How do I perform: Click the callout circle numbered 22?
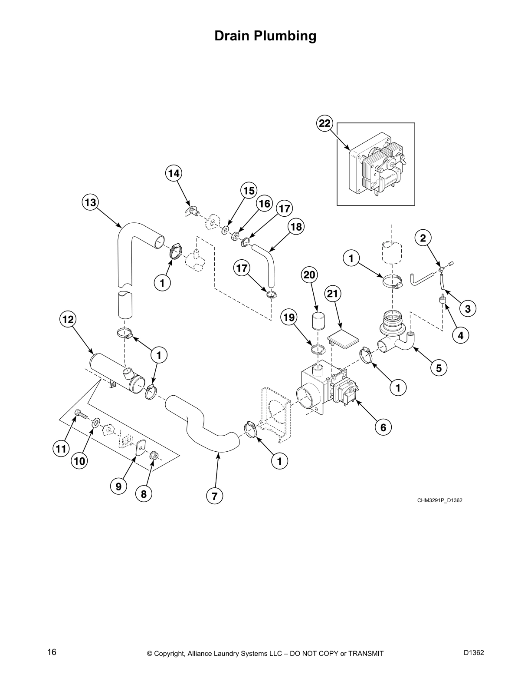[324, 123]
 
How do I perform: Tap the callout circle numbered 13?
[91, 202]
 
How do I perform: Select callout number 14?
[174, 173]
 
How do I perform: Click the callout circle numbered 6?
[383, 427]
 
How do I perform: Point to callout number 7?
[214, 496]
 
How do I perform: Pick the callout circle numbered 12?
[68, 319]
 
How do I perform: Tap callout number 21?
[332, 294]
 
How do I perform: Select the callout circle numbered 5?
[439, 368]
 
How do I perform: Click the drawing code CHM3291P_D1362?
[439, 500]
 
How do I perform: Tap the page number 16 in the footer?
[52, 652]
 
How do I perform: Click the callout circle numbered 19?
[288, 317]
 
